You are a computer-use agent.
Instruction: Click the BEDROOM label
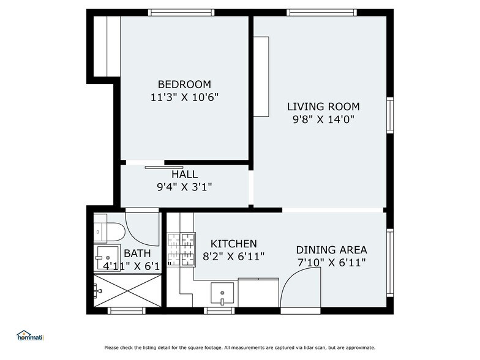click(x=184, y=84)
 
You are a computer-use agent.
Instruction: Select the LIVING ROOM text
click(x=323, y=107)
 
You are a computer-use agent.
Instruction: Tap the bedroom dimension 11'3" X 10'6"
click(x=184, y=97)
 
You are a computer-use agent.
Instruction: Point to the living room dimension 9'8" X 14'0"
click(x=323, y=119)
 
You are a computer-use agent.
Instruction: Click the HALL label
click(x=184, y=174)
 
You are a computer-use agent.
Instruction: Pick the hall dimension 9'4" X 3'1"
click(x=184, y=187)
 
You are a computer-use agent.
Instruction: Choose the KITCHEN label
click(x=234, y=244)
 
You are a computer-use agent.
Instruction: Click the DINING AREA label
click(x=331, y=250)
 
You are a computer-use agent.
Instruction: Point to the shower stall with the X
click(x=127, y=291)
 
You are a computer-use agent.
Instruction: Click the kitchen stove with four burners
click(x=181, y=250)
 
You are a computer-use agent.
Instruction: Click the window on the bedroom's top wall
click(x=181, y=12)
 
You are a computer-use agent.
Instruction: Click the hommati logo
click(x=31, y=336)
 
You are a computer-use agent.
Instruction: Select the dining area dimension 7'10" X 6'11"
click(x=331, y=263)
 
